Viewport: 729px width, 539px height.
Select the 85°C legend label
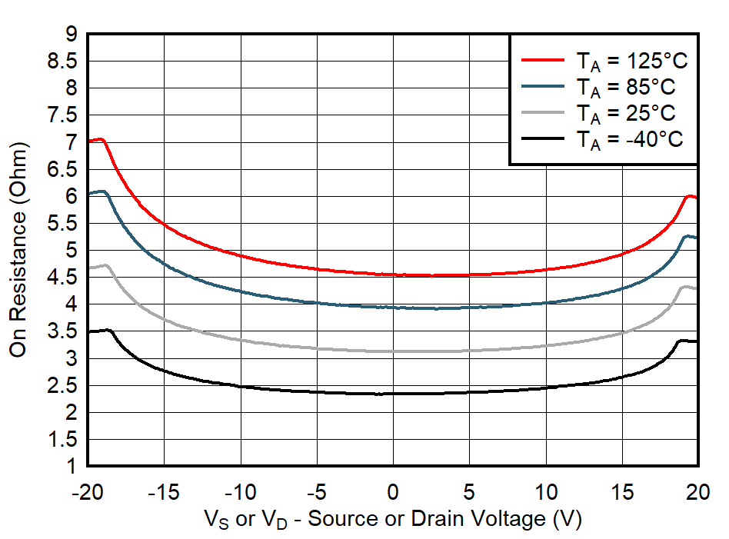[x=626, y=87]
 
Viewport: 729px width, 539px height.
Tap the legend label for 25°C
[x=626, y=113]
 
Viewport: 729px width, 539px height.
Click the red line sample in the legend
[x=544, y=58]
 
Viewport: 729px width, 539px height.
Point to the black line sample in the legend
[x=544, y=138]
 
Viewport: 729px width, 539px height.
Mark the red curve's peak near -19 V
[x=100, y=139]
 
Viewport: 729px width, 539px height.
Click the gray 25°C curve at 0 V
[x=393, y=351]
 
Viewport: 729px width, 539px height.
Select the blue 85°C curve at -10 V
[x=241, y=291]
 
